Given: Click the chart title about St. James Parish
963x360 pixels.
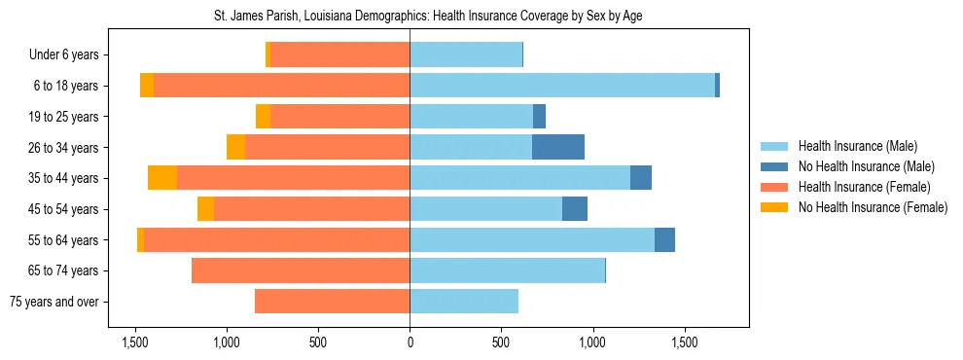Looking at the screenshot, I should point(428,17).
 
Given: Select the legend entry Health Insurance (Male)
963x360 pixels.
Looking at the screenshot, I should point(857,146).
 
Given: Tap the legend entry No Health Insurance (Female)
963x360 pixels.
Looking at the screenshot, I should point(872,207).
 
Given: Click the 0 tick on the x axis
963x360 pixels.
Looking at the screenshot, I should point(410,342).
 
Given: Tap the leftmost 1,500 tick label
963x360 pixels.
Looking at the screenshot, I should point(134,342).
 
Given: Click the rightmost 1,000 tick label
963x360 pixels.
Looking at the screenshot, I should point(592,342).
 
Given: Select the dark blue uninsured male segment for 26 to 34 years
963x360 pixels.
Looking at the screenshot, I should point(558,147).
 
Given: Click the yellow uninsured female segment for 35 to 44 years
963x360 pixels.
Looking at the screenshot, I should point(162,178).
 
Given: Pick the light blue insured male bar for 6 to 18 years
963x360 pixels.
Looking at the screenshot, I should point(562,86).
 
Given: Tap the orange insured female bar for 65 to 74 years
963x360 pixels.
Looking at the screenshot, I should point(301,270).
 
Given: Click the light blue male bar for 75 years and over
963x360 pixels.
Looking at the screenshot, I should point(464,302).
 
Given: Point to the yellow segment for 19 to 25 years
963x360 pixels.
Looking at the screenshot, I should point(263,117).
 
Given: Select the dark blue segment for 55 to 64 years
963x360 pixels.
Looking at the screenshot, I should point(664,239).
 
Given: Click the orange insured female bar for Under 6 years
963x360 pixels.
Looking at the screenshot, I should point(339,55).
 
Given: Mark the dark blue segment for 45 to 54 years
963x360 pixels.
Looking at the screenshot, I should point(575,209).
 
